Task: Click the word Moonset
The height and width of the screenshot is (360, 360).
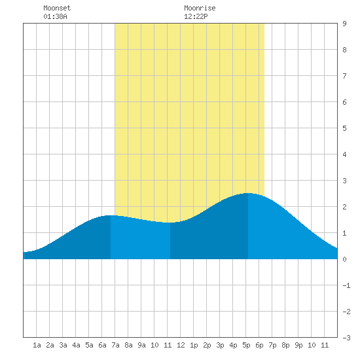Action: (x=57, y=8)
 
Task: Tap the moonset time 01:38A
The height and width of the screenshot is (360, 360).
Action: (x=55, y=16)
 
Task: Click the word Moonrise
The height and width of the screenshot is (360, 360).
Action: (x=200, y=8)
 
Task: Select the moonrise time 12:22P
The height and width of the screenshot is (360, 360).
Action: (x=196, y=16)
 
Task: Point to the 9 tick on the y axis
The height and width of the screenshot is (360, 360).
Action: (x=344, y=24)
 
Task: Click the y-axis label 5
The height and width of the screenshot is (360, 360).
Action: (x=344, y=128)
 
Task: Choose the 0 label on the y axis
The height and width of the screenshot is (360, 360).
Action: (x=344, y=259)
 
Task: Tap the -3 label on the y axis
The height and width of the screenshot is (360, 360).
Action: (x=346, y=338)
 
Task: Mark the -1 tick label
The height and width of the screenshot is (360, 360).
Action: (x=346, y=285)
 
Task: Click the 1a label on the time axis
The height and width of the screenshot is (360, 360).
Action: (x=37, y=345)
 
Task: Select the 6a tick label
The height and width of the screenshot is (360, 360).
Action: (x=102, y=345)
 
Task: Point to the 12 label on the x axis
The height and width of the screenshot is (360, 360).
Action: (x=181, y=345)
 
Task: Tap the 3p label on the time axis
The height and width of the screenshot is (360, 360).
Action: (x=220, y=346)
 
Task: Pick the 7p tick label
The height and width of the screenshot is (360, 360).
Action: (x=272, y=346)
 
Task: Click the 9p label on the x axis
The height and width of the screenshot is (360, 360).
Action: (x=298, y=346)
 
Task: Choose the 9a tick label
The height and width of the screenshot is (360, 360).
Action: (x=141, y=345)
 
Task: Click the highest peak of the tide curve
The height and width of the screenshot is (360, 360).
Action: (x=248, y=193)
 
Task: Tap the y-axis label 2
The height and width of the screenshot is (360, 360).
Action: (x=344, y=207)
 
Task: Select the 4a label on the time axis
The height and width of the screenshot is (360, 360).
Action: (x=76, y=345)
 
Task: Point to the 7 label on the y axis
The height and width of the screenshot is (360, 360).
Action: (x=344, y=76)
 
